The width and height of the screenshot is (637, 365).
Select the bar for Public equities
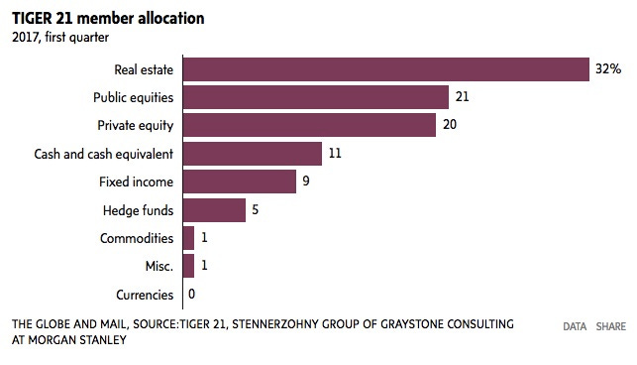click(x=316, y=97)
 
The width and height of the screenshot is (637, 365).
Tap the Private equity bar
click(x=309, y=126)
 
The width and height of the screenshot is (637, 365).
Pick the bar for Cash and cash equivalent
click(x=252, y=154)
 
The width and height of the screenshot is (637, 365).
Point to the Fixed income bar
click(x=239, y=182)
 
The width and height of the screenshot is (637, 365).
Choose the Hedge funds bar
click(x=214, y=210)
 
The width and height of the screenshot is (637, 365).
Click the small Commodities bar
click(x=188, y=239)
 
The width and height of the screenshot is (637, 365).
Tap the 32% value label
click(x=608, y=69)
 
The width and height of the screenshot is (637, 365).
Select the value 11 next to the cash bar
click(x=336, y=154)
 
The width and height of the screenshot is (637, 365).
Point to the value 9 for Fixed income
click(x=307, y=182)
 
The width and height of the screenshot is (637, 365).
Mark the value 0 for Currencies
click(x=191, y=295)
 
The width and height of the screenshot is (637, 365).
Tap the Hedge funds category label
click(x=139, y=210)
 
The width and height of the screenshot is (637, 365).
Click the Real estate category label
click(x=145, y=69)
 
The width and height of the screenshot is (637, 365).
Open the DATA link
click(x=575, y=326)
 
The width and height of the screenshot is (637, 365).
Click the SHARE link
click(x=611, y=326)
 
